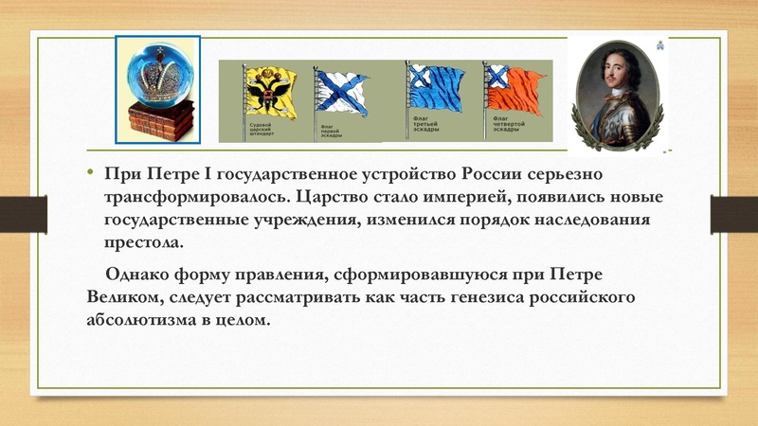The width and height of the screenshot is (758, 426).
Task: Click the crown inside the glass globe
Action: point(157,72)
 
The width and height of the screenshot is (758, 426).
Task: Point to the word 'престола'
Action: point(146,243)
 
